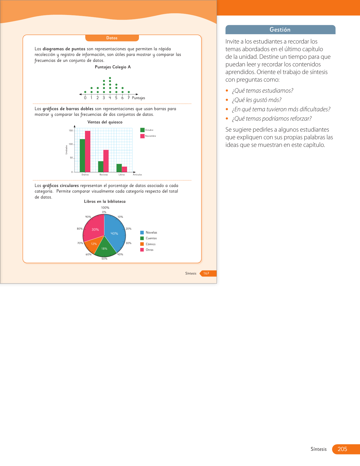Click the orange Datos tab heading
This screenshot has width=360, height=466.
(x=112, y=38)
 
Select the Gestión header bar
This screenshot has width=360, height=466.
(x=280, y=30)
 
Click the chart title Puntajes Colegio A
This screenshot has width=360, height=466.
(x=113, y=67)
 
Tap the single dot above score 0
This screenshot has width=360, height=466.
(x=85, y=92)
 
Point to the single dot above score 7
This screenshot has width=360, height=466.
(x=129, y=92)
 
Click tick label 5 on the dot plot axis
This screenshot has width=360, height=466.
(x=116, y=98)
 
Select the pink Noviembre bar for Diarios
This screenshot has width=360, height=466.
(x=88, y=151)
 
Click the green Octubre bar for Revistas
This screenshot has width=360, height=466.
(x=101, y=166)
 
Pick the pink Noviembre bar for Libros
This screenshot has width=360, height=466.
(x=124, y=169)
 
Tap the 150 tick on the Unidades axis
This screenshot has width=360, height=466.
(x=71, y=130)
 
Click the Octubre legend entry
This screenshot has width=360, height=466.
(x=147, y=130)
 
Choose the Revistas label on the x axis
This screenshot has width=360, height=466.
(x=104, y=175)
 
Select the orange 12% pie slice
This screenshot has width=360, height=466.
(x=93, y=245)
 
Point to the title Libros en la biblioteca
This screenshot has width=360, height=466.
(x=105, y=201)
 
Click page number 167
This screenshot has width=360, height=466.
(x=206, y=273)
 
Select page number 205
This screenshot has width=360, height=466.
(x=342, y=449)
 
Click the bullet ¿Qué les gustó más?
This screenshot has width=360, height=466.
(x=256, y=100)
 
